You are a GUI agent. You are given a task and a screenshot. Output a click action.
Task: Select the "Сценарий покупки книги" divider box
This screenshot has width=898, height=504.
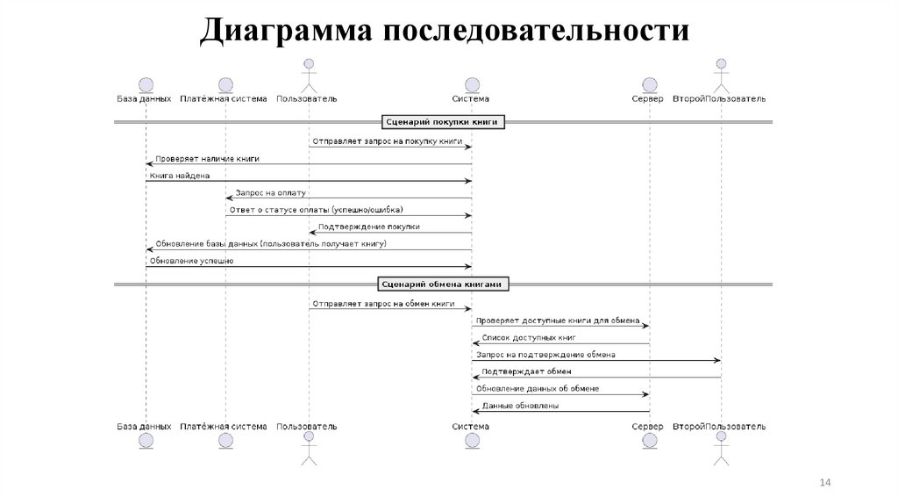[444, 122]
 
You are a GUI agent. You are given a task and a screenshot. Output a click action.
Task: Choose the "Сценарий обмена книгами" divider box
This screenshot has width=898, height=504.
[444, 284]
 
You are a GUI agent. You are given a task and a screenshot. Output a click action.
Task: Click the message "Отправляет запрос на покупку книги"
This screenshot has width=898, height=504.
[385, 140]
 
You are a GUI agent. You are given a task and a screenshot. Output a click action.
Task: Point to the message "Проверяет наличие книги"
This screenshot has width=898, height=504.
[207, 158]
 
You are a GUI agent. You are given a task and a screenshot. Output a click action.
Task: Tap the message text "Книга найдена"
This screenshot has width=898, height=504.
[180, 176]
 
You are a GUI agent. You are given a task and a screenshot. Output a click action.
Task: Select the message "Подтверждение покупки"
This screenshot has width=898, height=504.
[368, 227]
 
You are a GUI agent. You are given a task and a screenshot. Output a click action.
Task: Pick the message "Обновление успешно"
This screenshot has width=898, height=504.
[191, 261]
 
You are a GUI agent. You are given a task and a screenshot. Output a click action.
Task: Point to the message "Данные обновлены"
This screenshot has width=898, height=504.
[520, 406]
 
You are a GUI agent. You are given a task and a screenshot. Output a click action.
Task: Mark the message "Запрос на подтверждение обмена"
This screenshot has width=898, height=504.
[545, 355]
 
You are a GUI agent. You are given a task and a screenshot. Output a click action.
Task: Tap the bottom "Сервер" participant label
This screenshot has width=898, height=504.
[648, 426]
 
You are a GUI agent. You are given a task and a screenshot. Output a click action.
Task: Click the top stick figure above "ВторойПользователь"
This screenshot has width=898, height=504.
[721, 76]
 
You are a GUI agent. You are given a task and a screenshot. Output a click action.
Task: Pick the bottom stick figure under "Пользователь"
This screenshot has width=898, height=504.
[307, 449]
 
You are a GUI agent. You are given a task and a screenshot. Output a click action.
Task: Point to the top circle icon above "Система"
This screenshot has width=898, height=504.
[472, 84]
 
